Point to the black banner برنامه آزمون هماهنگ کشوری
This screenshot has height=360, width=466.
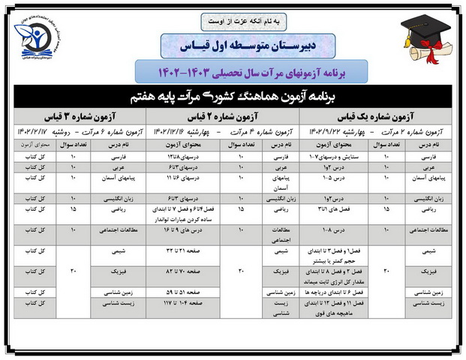pyautogui.click(x=233, y=97)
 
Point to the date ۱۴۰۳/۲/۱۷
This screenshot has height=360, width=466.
pyautogui.click(x=29, y=130)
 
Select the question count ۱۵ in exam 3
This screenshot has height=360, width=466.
pyautogui.click(x=73, y=213)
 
